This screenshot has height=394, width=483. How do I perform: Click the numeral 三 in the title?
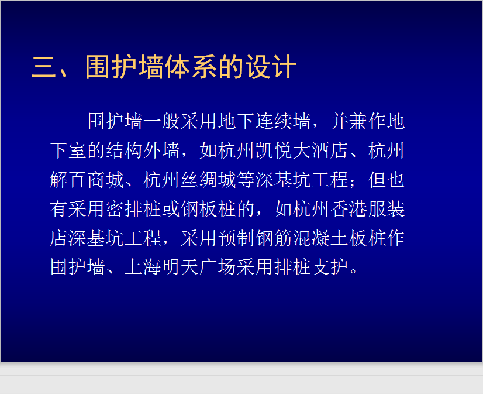coord(44,67)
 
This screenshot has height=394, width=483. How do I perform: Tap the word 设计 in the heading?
coord(271,67)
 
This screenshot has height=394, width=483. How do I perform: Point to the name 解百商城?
coord(87,180)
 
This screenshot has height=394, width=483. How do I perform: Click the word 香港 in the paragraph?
coord(349,209)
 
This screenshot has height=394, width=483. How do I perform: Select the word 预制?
coord(236,238)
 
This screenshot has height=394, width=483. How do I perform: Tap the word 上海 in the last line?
coord(143,267)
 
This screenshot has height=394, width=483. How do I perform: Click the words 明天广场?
coord(199,267)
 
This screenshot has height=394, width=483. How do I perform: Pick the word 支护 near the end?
coord(330,267)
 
